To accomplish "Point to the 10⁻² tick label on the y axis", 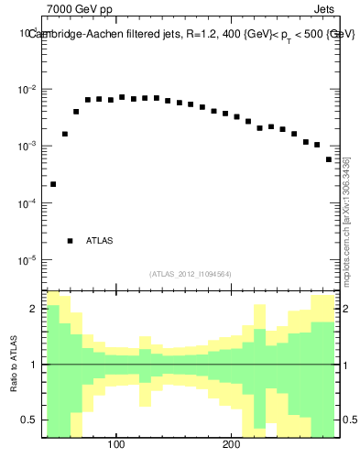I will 27,89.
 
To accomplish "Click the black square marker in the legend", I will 70,241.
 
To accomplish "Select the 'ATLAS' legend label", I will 100,241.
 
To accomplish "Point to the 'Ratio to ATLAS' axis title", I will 14,365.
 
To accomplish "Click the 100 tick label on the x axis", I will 116,446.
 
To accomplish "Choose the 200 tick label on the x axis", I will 231,446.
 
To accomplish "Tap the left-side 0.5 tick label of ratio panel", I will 31,420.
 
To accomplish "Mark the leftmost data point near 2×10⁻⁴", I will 53,184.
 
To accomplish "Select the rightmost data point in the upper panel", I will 329,159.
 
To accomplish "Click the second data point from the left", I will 65,134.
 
